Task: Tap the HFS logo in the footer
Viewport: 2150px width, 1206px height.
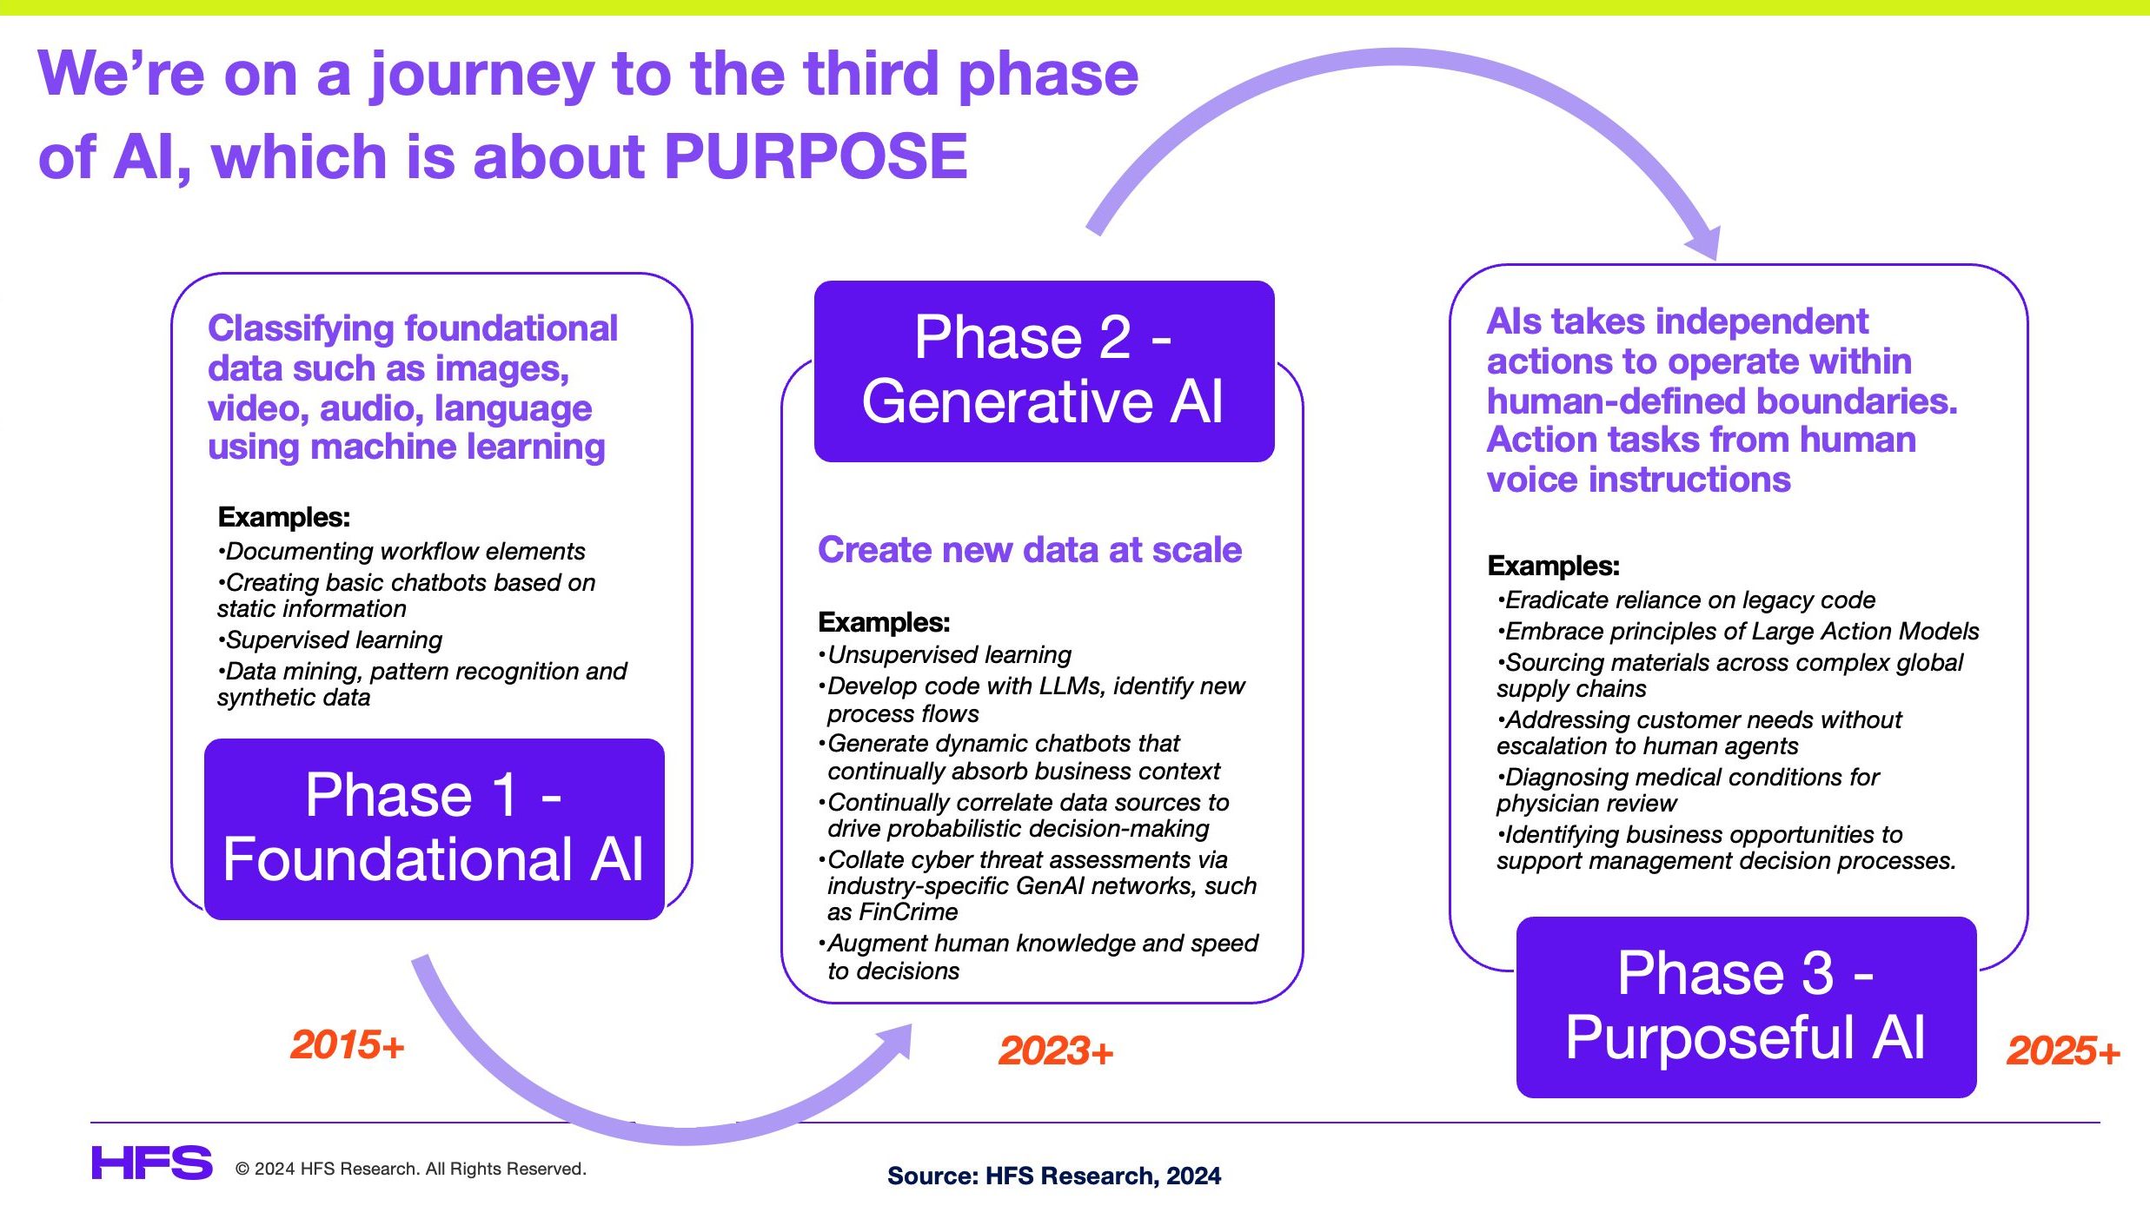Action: pyautogui.click(x=152, y=1163)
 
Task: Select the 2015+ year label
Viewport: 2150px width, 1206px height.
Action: pyautogui.click(x=348, y=1044)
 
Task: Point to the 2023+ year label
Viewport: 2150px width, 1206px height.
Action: pyautogui.click(x=1056, y=1050)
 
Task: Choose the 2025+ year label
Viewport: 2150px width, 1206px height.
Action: pyautogui.click(x=2063, y=1050)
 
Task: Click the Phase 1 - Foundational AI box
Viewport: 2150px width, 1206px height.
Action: pyautogui.click(x=435, y=829)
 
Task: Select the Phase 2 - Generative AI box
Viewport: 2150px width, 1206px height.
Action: pyautogui.click(x=1044, y=371)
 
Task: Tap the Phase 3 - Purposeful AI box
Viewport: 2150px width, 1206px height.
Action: pyautogui.click(x=1746, y=1007)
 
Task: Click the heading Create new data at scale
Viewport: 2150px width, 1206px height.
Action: pyautogui.click(x=1030, y=550)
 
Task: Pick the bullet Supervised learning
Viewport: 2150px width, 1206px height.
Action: pyautogui.click(x=330, y=640)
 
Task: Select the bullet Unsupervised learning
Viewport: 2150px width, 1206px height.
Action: pyautogui.click(x=946, y=655)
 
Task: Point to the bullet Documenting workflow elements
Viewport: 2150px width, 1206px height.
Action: pyautogui.click(x=401, y=552)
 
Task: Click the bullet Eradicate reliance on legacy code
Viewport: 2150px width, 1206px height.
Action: pyautogui.click(x=1686, y=600)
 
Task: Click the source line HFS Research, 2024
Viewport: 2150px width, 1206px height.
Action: pyautogui.click(x=1054, y=1176)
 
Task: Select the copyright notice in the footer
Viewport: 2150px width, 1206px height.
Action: pyautogui.click(x=411, y=1169)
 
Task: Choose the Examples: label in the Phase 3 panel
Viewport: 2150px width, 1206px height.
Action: pyautogui.click(x=1554, y=566)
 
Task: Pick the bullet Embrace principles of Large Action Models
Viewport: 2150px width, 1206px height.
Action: pyautogui.click(x=1738, y=632)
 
